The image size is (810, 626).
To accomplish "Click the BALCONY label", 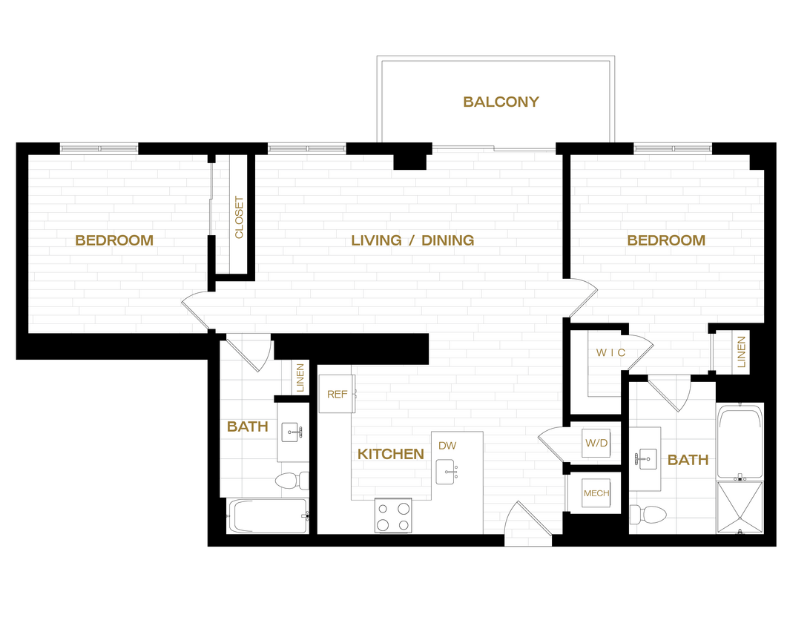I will pyautogui.click(x=501, y=102).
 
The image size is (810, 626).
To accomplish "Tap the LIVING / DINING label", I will pyautogui.click(x=412, y=240).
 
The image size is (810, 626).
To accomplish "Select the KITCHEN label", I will pyautogui.click(x=391, y=454).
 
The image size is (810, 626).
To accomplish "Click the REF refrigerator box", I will pyautogui.click(x=337, y=394).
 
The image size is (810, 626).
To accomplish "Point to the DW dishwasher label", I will pyautogui.click(x=447, y=446).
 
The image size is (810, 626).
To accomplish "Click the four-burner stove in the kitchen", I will pyautogui.click(x=392, y=515).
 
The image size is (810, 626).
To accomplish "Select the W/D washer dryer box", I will pyautogui.click(x=596, y=444).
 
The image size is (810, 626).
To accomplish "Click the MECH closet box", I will pyautogui.click(x=596, y=493).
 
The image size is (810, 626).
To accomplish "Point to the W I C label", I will pyautogui.click(x=610, y=353).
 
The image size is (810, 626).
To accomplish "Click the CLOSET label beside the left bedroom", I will pyautogui.click(x=239, y=217).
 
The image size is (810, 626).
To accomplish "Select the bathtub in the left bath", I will pyautogui.click(x=268, y=515).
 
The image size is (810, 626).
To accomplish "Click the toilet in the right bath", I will pyautogui.click(x=647, y=513).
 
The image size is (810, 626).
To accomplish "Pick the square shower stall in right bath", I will pyautogui.click(x=740, y=507).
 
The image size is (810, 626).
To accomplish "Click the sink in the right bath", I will pyautogui.click(x=645, y=459).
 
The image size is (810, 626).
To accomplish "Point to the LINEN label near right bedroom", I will pyautogui.click(x=741, y=352).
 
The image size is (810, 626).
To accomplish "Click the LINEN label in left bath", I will pyautogui.click(x=300, y=378).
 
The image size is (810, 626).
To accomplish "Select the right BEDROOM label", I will pyautogui.click(x=666, y=240).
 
